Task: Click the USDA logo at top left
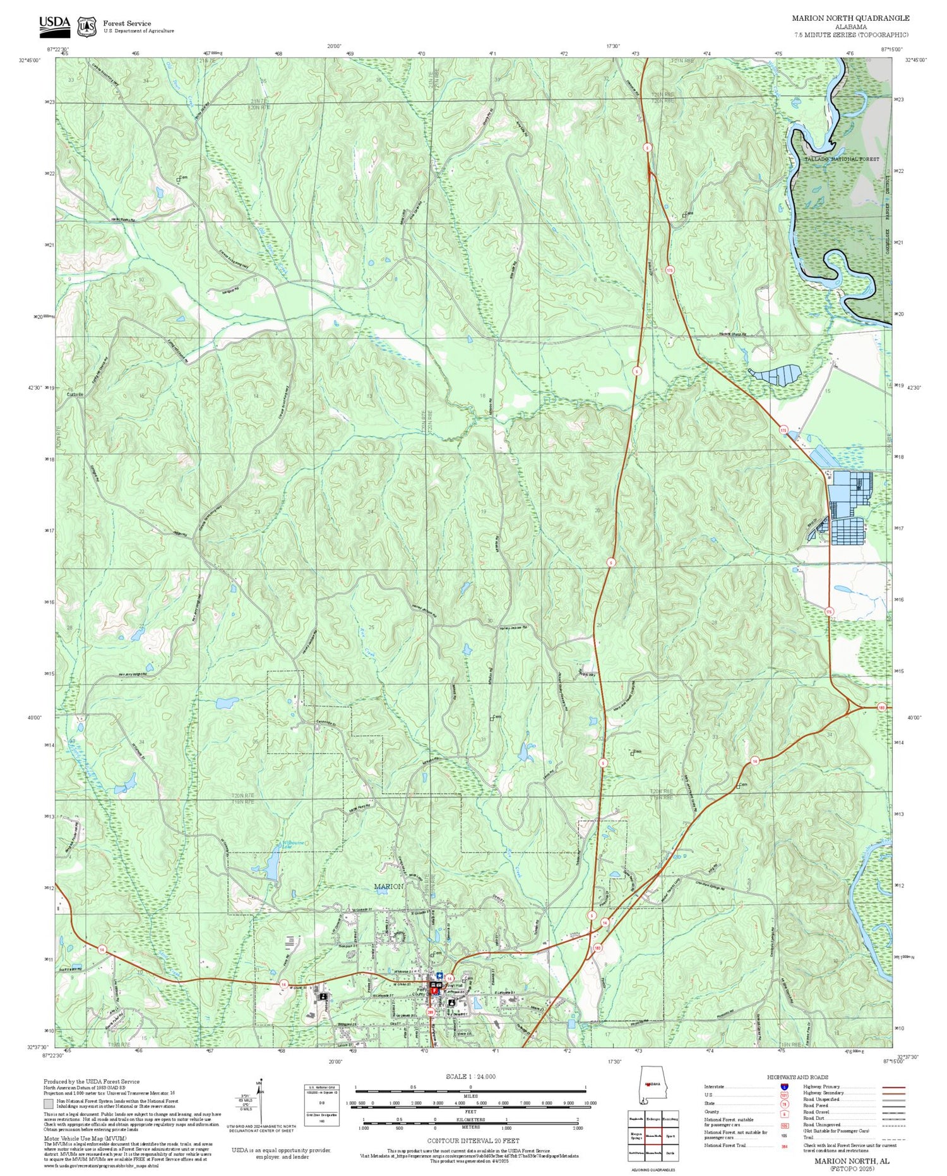point(55,24)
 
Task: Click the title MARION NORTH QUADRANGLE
point(850,18)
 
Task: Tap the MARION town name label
point(388,887)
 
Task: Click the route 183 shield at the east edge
point(881,707)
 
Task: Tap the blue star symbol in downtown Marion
point(439,975)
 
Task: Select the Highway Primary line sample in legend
point(891,1087)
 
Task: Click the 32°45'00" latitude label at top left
point(30,60)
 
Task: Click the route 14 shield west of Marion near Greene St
point(284,984)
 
